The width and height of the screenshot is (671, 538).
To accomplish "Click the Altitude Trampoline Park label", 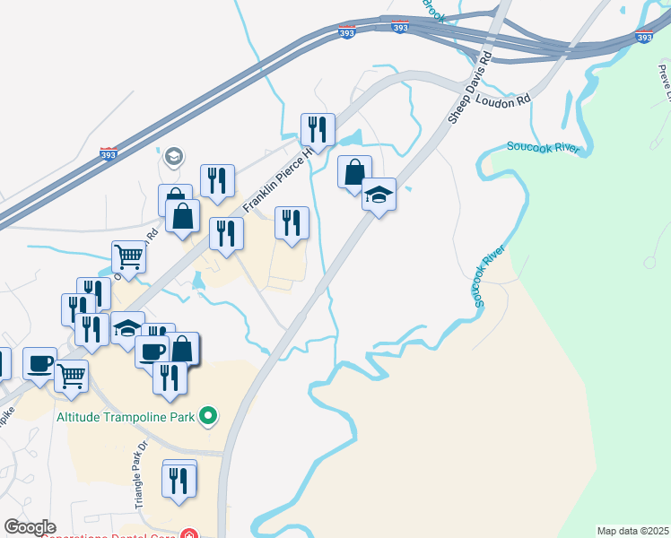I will (x=113, y=415).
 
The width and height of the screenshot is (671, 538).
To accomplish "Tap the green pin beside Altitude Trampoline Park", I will (x=209, y=415).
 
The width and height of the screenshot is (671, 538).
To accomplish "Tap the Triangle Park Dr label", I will (x=140, y=476).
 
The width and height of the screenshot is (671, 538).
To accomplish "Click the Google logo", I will (x=30, y=526).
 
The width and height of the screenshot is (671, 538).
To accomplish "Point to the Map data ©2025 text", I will (x=632, y=530).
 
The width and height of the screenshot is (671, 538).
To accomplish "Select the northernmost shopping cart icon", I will (x=129, y=257).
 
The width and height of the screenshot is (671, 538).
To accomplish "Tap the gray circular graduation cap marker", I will (x=173, y=157).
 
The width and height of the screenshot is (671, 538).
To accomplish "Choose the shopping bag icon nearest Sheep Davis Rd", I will (x=355, y=171).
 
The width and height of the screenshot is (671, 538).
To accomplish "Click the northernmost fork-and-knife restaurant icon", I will (x=318, y=129).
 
